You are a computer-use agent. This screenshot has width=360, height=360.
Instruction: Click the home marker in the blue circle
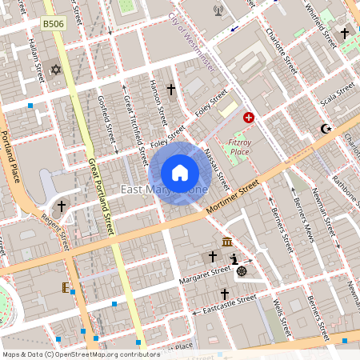tap(180, 173)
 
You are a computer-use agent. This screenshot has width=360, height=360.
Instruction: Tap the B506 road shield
tap(54, 25)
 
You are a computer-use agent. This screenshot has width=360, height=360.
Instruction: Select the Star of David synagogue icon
tap(56, 70)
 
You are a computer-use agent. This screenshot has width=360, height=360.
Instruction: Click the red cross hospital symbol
tap(249, 118)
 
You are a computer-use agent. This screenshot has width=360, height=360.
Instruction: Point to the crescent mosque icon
tap(325, 128)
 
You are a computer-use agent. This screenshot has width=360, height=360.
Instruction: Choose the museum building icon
tap(227, 242)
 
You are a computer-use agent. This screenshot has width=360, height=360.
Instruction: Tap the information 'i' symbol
tap(234, 259)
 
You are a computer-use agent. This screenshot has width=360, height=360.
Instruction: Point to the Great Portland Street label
tap(102, 197)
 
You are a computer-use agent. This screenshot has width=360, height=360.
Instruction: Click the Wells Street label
tap(279, 318)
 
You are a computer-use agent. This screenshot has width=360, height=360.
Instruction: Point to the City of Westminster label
tap(192, 46)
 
